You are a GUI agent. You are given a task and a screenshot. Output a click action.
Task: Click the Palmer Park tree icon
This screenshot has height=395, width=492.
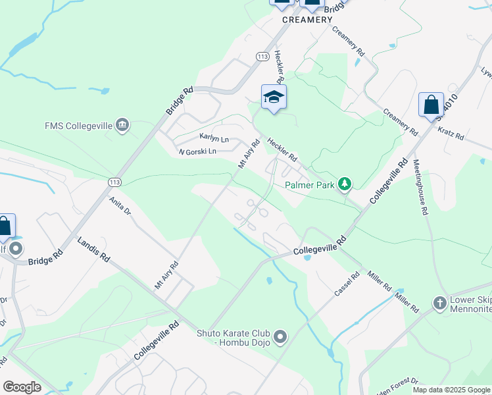[343, 184]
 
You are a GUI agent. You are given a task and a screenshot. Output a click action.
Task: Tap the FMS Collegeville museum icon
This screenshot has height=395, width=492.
[122, 125]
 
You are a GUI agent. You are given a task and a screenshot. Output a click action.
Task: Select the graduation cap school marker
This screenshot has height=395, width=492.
[274, 97]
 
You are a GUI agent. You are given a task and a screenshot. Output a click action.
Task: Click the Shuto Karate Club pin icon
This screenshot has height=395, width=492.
[280, 338]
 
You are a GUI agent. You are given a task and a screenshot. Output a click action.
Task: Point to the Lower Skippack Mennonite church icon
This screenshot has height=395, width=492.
[439, 303]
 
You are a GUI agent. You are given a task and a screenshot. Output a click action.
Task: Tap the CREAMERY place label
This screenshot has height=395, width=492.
[307, 20]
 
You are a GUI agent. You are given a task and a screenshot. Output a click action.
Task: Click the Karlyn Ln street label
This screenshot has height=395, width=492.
[214, 139]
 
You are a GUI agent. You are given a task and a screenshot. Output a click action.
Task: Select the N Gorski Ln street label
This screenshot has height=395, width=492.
[197, 152]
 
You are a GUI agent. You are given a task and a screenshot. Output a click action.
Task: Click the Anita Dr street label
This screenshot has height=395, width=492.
[120, 207]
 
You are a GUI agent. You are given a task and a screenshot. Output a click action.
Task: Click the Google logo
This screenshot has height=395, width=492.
[22, 387]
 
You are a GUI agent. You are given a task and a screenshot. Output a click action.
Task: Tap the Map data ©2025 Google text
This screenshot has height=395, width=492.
[451, 390]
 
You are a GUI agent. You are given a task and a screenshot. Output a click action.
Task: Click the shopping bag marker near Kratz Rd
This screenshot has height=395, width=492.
[431, 105]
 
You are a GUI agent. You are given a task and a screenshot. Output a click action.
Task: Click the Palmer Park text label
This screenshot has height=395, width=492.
[309, 185]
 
